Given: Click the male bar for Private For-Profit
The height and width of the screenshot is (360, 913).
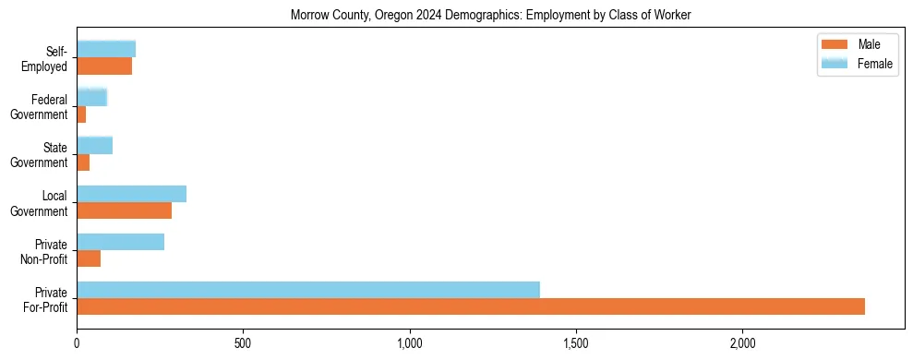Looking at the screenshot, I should tap(471, 306).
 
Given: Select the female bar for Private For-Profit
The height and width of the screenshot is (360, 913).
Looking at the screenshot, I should tap(308, 290).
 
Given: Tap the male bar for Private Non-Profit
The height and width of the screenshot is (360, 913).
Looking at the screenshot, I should tap(89, 258).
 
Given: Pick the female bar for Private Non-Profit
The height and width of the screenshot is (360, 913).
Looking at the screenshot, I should tap(120, 242).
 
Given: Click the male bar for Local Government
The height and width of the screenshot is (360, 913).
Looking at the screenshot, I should tap(124, 210).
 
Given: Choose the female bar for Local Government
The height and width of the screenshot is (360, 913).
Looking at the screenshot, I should tap(131, 194).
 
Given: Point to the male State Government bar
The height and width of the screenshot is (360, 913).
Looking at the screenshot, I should tap(83, 162).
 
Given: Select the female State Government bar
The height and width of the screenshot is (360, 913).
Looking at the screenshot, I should tap(94, 145).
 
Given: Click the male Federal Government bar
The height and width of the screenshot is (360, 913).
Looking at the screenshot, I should tap(81, 114).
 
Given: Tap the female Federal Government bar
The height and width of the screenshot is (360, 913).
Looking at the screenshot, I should tap(91, 97).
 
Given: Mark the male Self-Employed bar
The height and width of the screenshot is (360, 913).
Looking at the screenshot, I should tap(104, 66).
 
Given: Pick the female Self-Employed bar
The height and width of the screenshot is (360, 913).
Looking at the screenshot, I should tap(106, 49).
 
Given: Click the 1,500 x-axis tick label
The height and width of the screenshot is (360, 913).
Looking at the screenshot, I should tap(576, 343).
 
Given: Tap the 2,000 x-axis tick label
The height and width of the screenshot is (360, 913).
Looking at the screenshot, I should tap(742, 343).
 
